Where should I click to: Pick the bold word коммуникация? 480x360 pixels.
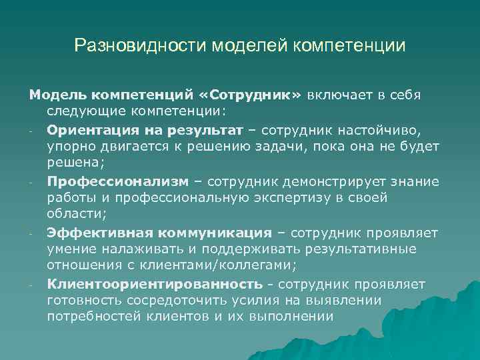tap(214, 233)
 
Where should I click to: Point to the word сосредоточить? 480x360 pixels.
tap(179, 301)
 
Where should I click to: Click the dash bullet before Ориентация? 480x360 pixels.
tap(32, 129)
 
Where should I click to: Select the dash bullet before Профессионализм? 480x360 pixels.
tap(32, 181)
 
